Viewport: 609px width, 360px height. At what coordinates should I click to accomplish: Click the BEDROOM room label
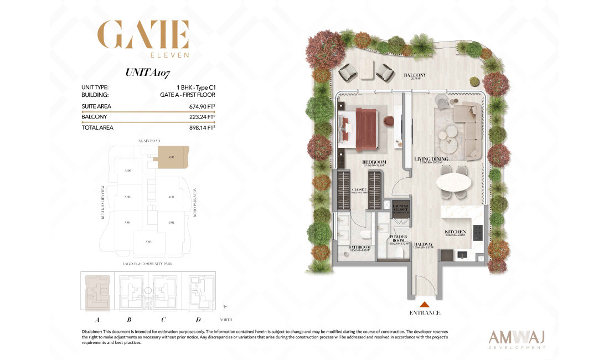tap(374, 162)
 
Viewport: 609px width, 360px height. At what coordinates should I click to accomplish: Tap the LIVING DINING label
tap(431, 160)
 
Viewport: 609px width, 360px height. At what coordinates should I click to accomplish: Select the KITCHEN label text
tap(456, 232)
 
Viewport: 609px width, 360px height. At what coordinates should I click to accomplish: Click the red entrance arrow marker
tap(425, 304)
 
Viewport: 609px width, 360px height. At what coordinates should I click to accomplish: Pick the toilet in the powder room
tap(400, 251)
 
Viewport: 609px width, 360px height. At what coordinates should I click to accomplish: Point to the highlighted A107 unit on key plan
tap(173, 158)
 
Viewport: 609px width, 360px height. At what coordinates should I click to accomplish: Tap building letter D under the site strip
tap(198, 319)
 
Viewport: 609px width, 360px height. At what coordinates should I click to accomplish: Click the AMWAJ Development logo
tap(518, 337)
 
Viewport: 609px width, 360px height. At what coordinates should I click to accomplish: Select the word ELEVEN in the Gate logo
tap(170, 55)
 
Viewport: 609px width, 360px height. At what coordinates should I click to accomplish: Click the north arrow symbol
tap(225, 306)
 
